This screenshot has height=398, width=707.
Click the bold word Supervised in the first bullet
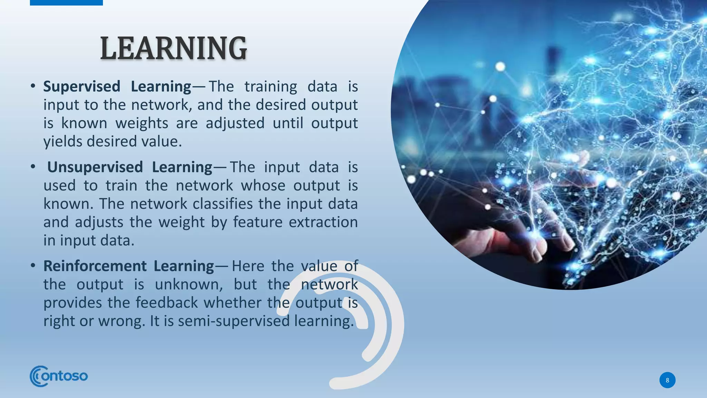[x=81, y=86]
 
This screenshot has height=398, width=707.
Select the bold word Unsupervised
[x=95, y=167]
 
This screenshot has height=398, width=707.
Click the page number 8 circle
[x=667, y=380]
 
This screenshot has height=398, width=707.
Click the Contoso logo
[x=59, y=376]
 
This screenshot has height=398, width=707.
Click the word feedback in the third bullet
[x=166, y=303]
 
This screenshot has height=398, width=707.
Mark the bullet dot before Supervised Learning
[x=33, y=86]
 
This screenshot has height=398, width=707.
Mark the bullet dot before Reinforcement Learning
[x=33, y=266]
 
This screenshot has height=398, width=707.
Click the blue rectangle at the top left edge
[x=66, y=2]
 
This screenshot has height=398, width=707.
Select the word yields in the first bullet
[x=63, y=142]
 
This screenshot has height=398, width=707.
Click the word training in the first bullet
[x=271, y=86]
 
